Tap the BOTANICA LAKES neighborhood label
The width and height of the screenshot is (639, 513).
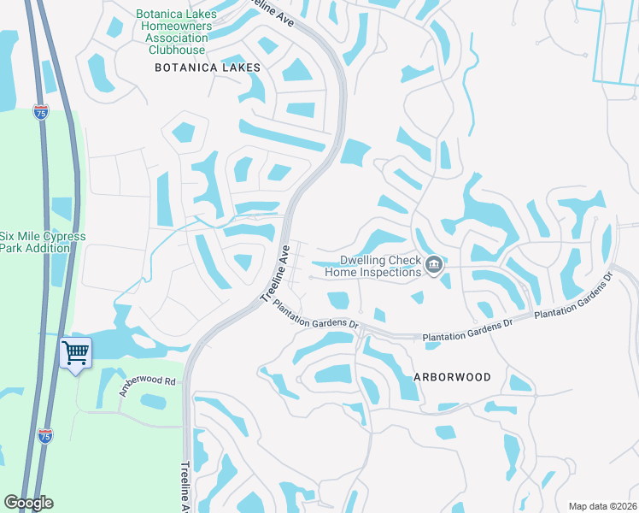[x=206, y=67]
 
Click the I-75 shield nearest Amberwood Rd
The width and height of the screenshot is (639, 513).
[x=46, y=436]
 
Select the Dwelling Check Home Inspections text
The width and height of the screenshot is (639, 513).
[x=381, y=266]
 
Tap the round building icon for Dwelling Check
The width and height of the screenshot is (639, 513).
[x=434, y=266]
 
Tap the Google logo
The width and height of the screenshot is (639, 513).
[x=28, y=503]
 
